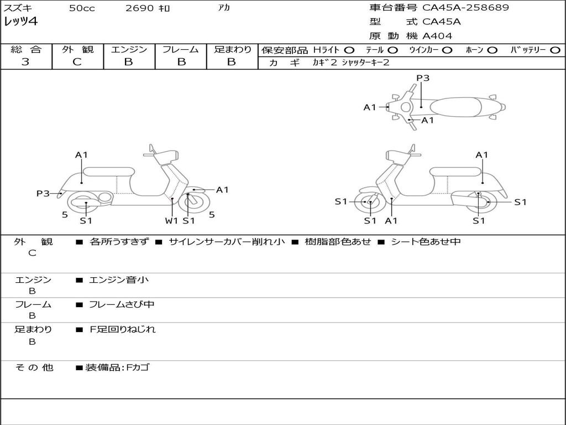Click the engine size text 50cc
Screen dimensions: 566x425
(x=82, y=8)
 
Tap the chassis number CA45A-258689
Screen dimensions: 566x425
(x=465, y=8)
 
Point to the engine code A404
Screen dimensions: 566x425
(x=437, y=36)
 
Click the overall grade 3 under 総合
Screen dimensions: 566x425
(x=25, y=62)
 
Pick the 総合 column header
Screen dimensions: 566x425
(x=26, y=49)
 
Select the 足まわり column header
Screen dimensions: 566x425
(x=233, y=49)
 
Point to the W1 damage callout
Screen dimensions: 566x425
(x=172, y=221)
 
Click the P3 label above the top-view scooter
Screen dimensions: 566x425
(x=423, y=78)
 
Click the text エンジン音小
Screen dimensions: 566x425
(x=119, y=280)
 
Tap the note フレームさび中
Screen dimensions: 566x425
(x=122, y=304)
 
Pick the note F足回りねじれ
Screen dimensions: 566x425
(x=123, y=329)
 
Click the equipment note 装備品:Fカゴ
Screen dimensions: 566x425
(x=117, y=367)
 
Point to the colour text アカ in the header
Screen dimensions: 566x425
(x=224, y=8)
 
